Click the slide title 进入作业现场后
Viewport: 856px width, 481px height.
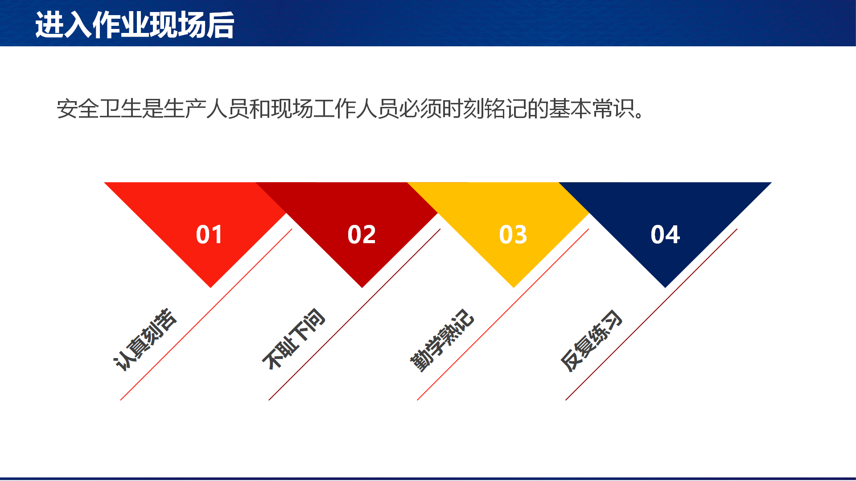(x=135, y=25)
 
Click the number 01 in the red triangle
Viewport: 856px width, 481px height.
(x=210, y=234)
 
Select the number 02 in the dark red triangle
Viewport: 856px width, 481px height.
(x=362, y=234)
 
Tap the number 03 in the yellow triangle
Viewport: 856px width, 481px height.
(x=513, y=234)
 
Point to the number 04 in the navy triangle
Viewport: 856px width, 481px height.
(x=665, y=234)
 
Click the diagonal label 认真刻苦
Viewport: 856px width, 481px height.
(x=145, y=340)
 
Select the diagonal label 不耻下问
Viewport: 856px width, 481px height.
(x=294, y=339)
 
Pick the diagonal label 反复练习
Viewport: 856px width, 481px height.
(x=591, y=341)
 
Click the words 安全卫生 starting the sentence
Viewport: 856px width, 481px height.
(x=99, y=109)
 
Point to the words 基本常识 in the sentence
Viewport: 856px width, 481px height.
(x=591, y=109)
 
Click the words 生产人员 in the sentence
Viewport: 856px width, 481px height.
(x=206, y=109)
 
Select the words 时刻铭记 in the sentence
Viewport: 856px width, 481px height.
(x=484, y=109)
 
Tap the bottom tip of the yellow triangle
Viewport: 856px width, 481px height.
(x=514, y=288)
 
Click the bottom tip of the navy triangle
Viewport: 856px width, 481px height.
(x=665, y=288)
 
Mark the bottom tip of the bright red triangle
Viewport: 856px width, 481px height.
(x=210, y=288)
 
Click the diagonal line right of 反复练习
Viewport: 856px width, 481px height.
(x=651, y=314)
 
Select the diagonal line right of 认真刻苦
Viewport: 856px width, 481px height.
(x=206, y=314)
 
